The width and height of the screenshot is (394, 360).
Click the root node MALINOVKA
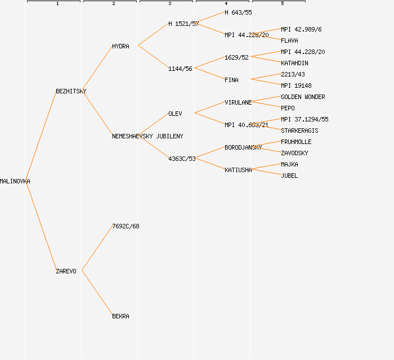15,181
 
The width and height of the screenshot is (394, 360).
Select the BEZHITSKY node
71,91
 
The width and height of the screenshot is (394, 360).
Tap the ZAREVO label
66,271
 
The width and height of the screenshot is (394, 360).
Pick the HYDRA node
120,46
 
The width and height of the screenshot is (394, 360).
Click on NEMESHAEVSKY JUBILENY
147,136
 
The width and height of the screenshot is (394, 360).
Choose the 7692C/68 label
126,226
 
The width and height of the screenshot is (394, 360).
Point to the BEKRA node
120,316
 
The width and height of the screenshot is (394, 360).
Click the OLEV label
175,114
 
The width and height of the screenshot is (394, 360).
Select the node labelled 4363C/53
182,159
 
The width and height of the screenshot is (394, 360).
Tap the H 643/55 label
238,12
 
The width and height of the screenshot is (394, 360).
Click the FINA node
231,80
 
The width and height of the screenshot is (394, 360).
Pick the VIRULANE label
238,102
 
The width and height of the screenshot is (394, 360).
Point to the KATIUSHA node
238,170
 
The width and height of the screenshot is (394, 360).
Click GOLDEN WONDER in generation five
303,97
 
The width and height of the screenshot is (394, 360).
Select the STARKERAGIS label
299,130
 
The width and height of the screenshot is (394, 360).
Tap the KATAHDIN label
294,63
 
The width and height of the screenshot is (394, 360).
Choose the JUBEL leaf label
289,175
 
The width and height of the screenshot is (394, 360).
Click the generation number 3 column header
169,4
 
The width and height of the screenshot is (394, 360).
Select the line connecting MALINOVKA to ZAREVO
41,226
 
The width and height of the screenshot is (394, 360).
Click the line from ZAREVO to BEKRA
97,293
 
